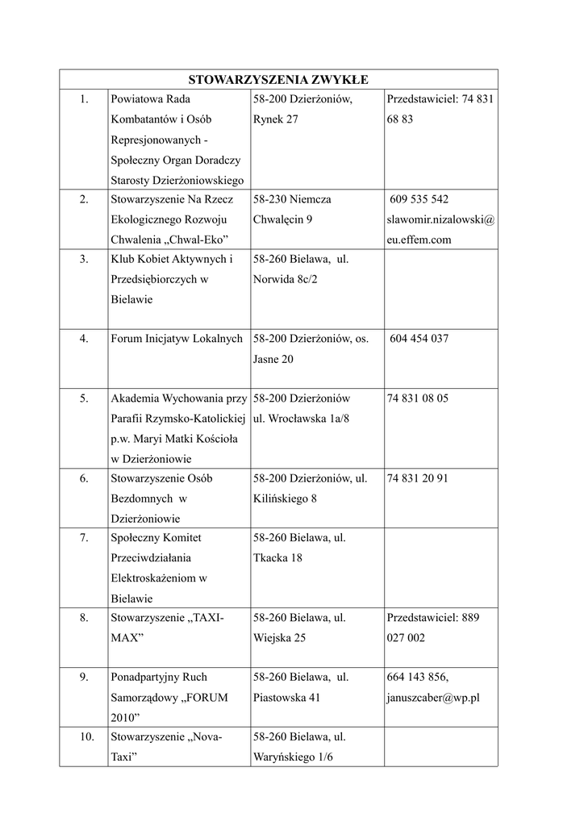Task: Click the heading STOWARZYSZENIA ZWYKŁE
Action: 278,79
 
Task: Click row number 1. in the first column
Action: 84,99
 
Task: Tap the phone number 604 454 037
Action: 419,339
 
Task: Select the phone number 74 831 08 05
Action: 418,398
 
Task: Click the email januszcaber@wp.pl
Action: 433,698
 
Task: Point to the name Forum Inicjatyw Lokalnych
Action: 177,339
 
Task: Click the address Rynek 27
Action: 275,119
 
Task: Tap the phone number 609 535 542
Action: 419,199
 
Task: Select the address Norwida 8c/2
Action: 286,279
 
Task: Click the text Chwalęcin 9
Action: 282,219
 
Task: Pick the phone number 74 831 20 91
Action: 418,478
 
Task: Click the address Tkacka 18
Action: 277,558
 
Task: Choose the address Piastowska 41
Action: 286,698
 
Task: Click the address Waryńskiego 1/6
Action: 293,757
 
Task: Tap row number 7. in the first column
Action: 84,538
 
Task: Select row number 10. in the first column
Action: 87,737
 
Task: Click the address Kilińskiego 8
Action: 285,499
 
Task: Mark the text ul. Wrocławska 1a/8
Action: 301,419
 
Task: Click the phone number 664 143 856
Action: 418,678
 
